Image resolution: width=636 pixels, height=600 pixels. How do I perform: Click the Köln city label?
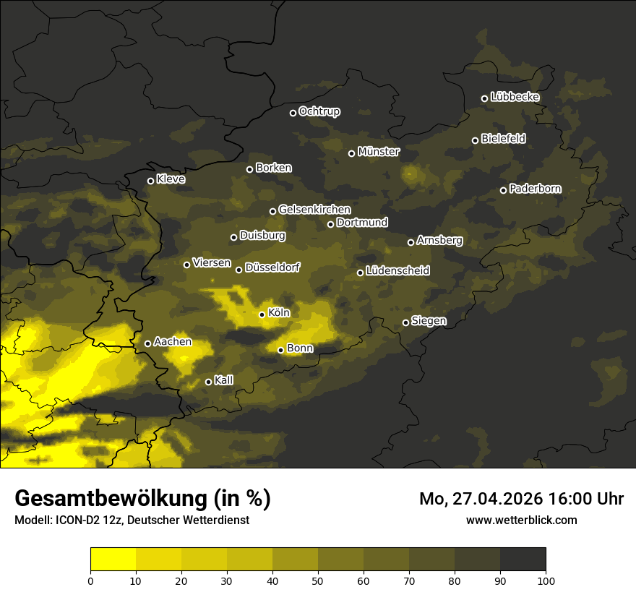pos(278,313)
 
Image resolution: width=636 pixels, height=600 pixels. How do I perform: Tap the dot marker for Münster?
pos(352,153)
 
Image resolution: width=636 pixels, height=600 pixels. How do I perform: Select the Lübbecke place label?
pos(515,97)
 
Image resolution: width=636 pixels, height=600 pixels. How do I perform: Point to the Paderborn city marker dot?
pos(504,190)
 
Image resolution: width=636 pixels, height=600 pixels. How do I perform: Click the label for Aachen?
pos(173,341)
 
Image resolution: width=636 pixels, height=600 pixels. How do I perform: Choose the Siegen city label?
pos(429,321)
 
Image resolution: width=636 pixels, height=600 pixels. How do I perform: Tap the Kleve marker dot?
pos(151,181)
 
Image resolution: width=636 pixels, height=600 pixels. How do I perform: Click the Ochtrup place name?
pos(319,111)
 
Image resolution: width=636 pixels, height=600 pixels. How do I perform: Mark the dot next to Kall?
pos(209,382)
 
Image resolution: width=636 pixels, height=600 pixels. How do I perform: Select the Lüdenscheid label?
pos(397,271)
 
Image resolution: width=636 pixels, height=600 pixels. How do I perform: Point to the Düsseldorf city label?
pos(272,267)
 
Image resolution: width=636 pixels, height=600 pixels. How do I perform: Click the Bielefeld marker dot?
pos(476,140)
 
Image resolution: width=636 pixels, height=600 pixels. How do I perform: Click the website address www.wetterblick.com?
pos(521,520)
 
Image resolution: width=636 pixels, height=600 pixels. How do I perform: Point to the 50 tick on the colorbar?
pos(318,580)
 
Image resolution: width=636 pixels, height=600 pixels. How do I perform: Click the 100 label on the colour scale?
pos(546,580)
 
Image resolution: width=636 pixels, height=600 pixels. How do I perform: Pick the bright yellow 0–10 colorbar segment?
pos(113,560)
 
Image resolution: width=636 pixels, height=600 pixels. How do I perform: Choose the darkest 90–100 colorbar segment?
pos(523,560)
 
